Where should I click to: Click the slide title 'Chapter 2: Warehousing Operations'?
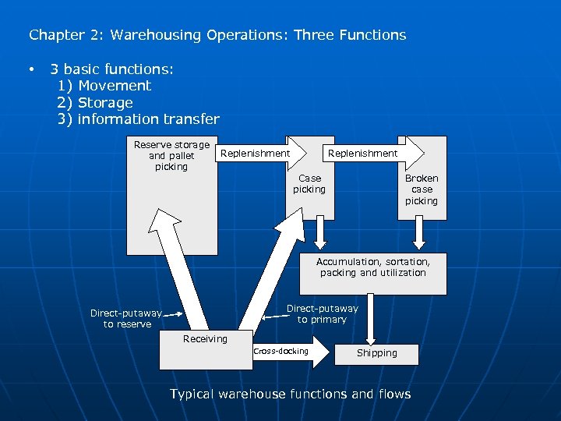(217, 35)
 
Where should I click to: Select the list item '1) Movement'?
(104, 86)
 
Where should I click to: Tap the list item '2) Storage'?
(95, 103)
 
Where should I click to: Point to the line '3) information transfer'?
(139, 119)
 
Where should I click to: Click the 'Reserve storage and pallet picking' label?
(171, 155)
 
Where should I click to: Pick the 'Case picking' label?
(309, 184)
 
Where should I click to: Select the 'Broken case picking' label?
(421, 189)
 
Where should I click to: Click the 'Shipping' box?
(376, 353)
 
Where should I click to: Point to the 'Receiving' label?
(205, 339)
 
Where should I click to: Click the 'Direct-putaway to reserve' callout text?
(126, 319)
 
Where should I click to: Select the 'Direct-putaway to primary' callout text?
(322, 314)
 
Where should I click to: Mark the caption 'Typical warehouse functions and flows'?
(290, 394)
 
